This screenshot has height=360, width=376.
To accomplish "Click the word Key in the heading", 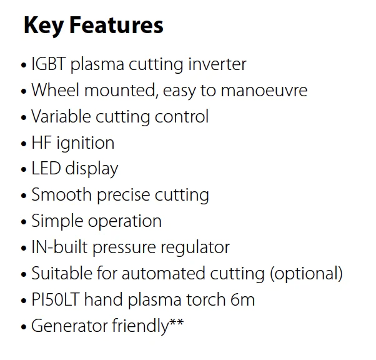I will pyautogui.click(x=44, y=26).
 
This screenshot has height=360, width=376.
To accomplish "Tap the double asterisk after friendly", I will pyautogui.click(x=177, y=323).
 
